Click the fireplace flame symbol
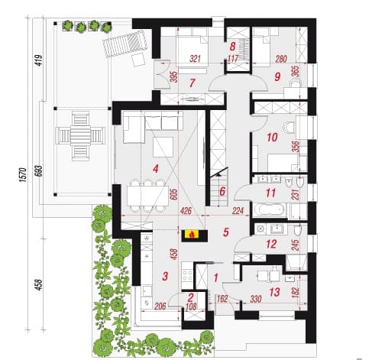click(x=193, y=234)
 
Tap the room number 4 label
click(x=156, y=168)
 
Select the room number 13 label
click(x=274, y=292)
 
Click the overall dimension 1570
click(x=23, y=174)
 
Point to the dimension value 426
click(x=186, y=211)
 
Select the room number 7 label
click(x=192, y=83)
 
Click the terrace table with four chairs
click(x=80, y=136)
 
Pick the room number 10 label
click(x=272, y=138)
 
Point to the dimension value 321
click(x=195, y=59)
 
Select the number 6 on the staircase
click(x=222, y=191)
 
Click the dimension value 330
click(x=256, y=299)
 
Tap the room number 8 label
click(x=232, y=47)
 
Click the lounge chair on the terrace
click(x=125, y=44)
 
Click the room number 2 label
click(x=191, y=297)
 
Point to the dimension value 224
click(x=238, y=211)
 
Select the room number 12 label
click(x=271, y=245)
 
